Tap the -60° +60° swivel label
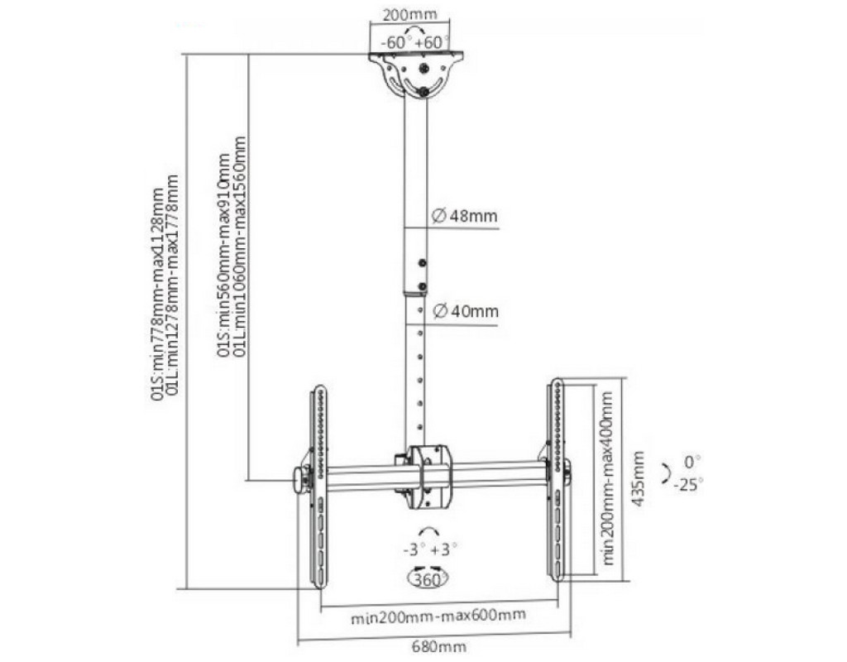click(x=414, y=41)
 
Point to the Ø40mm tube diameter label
click(x=466, y=311)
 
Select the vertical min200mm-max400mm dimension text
click(x=610, y=478)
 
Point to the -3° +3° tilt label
click(x=428, y=549)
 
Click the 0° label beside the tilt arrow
click(x=691, y=460)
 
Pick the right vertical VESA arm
click(x=556, y=480)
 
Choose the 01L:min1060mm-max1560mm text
click(x=241, y=249)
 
